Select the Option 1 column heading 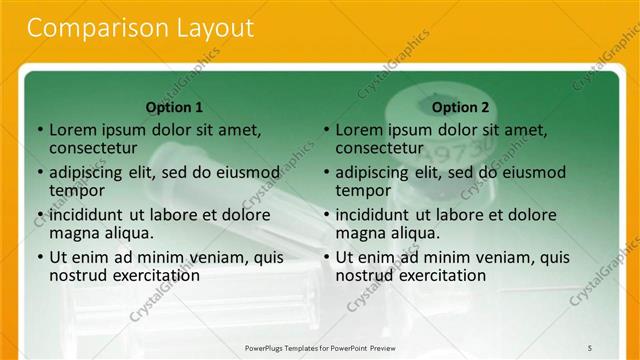174,107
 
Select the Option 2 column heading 461,107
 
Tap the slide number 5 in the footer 590,347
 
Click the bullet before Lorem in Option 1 39,130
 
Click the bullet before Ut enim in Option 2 326,257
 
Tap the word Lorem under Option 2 360,130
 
